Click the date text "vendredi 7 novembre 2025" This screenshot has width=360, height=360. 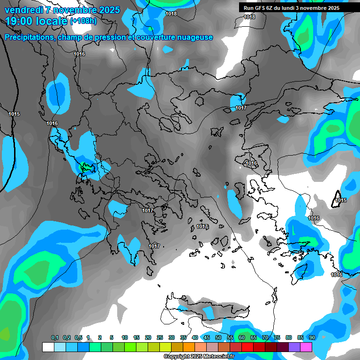coord(62,10)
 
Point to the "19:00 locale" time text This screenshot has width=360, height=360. coord(36,21)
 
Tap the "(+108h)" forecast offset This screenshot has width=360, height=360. coord(83,21)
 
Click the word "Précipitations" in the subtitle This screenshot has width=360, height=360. coord(29,37)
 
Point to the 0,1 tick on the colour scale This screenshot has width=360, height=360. coord(55,338)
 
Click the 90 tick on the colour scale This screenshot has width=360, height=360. coord(312,338)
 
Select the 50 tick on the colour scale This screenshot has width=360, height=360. coord(218,338)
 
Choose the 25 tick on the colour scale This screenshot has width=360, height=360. coord(160,338)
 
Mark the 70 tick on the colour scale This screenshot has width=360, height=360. coord(265,338)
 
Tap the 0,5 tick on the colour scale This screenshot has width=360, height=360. coord(78,338)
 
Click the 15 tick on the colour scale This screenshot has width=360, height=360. coord(136,338)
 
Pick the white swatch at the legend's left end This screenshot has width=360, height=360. coord(48,347)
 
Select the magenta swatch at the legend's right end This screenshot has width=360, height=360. coord(306,347)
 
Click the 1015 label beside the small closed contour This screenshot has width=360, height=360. coord(341,201)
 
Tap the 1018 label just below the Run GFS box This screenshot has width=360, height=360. coord(249,17)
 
